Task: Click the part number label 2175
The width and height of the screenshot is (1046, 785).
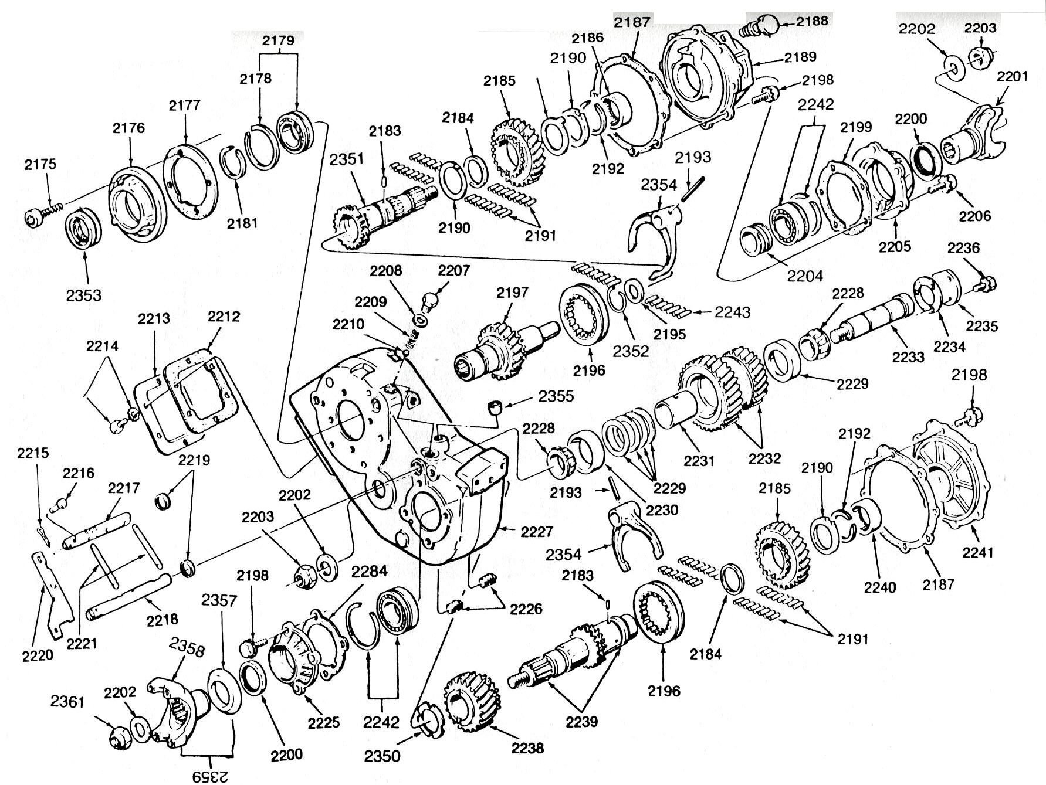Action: point(40,164)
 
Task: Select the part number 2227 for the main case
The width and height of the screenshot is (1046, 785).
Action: point(536,532)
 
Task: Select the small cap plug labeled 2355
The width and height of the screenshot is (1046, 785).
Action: point(496,406)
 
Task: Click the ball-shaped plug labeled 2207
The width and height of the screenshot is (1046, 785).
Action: point(432,301)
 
